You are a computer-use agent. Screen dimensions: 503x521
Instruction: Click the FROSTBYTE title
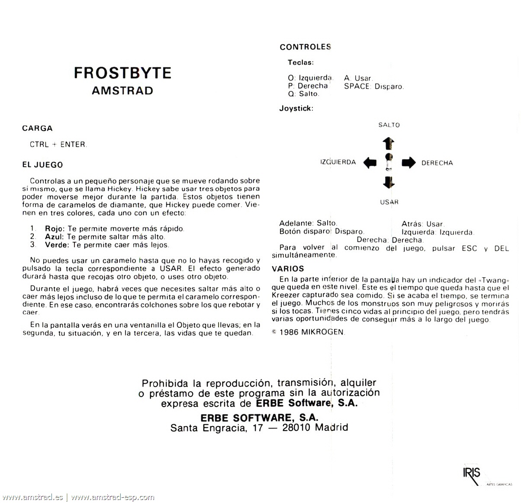(122, 73)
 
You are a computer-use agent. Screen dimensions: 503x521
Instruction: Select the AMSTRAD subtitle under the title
(122, 91)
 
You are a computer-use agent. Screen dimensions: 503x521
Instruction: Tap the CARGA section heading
(37, 128)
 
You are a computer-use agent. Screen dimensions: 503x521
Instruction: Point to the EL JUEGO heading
(42, 165)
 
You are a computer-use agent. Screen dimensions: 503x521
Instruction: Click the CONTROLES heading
(305, 47)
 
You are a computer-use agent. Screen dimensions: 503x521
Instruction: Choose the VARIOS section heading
(288, 269)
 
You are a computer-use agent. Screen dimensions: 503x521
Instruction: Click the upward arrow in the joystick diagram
(389, 143)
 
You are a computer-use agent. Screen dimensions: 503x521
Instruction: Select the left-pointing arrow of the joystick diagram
(370, 163)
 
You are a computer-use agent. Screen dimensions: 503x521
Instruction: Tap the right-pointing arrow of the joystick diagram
(408, 163)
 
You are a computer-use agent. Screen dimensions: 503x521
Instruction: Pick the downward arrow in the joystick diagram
(389, 182)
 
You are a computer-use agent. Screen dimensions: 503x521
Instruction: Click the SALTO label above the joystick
(389, 125)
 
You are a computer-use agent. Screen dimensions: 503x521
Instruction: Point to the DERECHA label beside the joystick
(437, 163)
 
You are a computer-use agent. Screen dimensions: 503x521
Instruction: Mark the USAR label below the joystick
(389, 202)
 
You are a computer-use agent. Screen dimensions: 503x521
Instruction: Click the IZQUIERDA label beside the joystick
(338, 162)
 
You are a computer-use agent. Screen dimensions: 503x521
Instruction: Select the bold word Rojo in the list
(55, 228)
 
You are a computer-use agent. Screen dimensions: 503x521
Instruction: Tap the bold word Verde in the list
(57, 245)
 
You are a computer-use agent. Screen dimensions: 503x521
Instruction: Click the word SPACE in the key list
(357, 86)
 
